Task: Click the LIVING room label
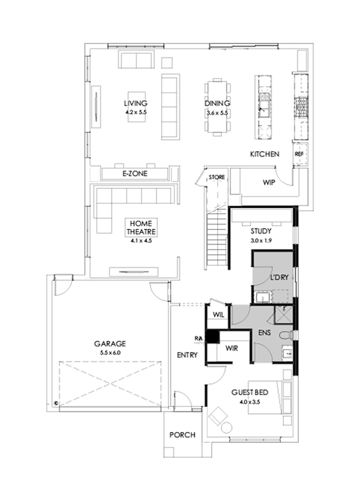click(x=136, y=104)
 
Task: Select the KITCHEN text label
click(x=264, y=154)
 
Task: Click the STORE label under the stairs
click(x=216, y=177)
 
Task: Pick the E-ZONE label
click(x=135, y=174)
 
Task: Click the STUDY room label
click(x=261, y=231)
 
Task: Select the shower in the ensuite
click(x=283, y=314)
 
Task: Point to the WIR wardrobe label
click(x=232, y=348)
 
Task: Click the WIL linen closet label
click(x=218, y=315)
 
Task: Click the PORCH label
click(x=182, y=434)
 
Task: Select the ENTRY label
click(x=187, y=354)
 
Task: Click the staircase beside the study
click(x=217, y=238)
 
